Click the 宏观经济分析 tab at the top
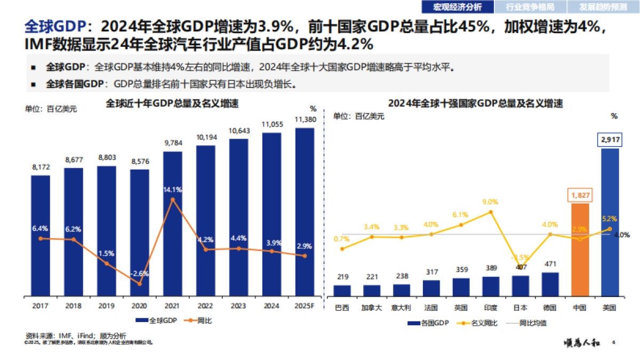coord(457,7)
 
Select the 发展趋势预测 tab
coord(604,7)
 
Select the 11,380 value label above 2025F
coord(305,119)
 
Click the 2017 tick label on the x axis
coord(41,306)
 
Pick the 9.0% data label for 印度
coord(490,202)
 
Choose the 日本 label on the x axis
coord(521,308)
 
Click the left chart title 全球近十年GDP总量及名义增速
coord(172,103)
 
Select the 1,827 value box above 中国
coord(580,195)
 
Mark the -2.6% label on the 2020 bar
coord(140,273)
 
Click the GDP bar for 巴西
coord(342,290)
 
